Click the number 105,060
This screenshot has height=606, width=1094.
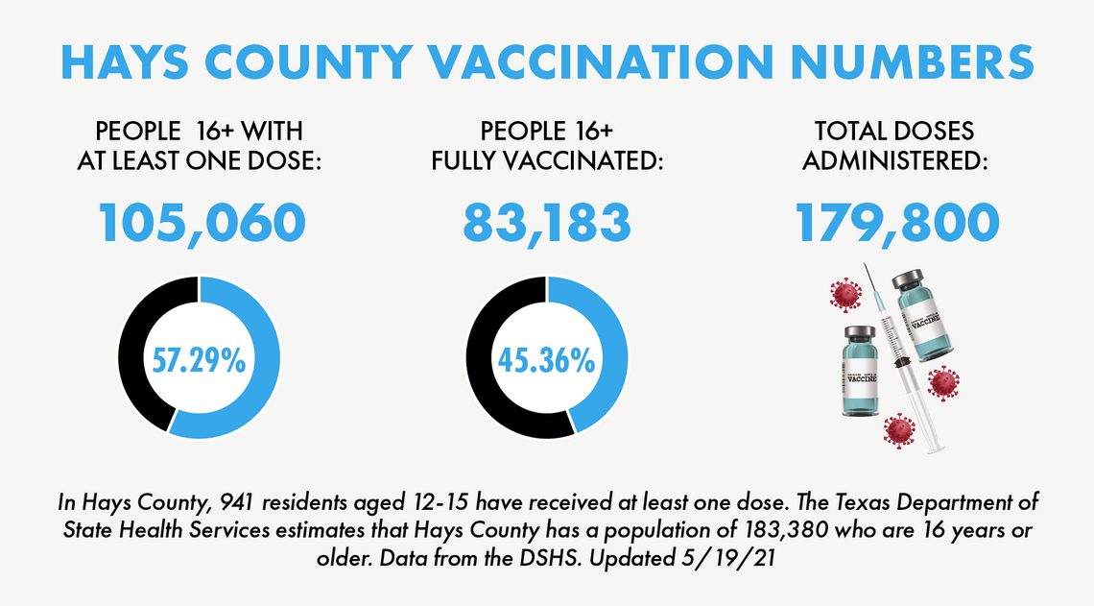pyautogui.click(x=202, y=223)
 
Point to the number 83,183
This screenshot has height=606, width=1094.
pyautogui.click(x=547, y=223)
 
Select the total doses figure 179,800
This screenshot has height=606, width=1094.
pyautogui.click(x=897, y=223)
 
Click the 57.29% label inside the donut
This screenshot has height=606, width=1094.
pyautogui.click(x=199, y=360)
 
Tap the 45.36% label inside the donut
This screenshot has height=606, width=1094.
pyautogui.click(x=546, y=360)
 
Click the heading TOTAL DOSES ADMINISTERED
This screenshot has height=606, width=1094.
pyautogui.click(x=895, y=146)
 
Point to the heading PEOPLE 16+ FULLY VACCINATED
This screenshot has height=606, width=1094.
pyautogui.click(x=548, y=146)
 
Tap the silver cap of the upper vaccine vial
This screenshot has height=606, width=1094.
pyautogui.click(x=911, y=281)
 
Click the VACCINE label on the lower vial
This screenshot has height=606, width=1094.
pyautogui.click(x=861, y=377)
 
